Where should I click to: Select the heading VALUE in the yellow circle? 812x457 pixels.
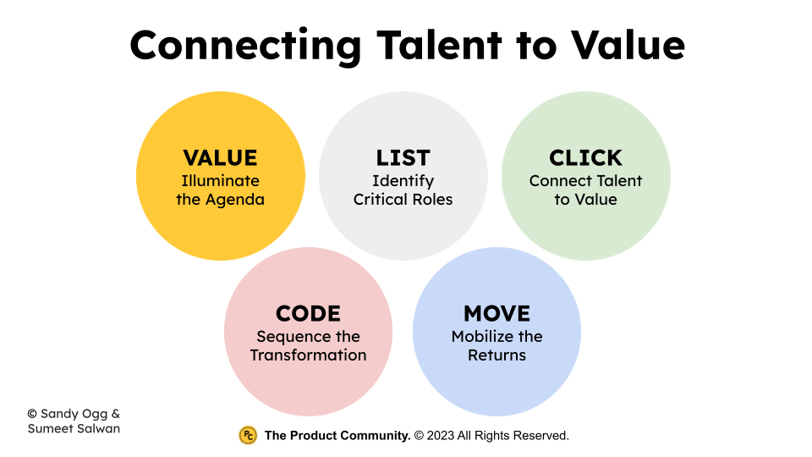(220, 158)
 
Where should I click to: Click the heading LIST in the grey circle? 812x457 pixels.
(403, 158)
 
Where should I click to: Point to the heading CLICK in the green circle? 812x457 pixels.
(585, 158)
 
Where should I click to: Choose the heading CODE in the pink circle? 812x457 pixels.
(308, 314)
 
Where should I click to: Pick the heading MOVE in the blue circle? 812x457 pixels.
(497, 314)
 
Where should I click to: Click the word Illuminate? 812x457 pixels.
(220, 180)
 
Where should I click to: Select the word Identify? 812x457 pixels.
(403, 180)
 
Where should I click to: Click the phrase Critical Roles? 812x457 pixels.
(403, 200)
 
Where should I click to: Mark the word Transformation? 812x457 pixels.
(308, 355)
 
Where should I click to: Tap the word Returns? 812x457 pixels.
(497, 355)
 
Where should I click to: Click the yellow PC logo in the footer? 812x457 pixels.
(248, 435)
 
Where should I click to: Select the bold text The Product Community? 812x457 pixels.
(337, 436)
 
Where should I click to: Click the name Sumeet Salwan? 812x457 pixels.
(74, 428)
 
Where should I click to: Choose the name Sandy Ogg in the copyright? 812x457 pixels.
(71, 413)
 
